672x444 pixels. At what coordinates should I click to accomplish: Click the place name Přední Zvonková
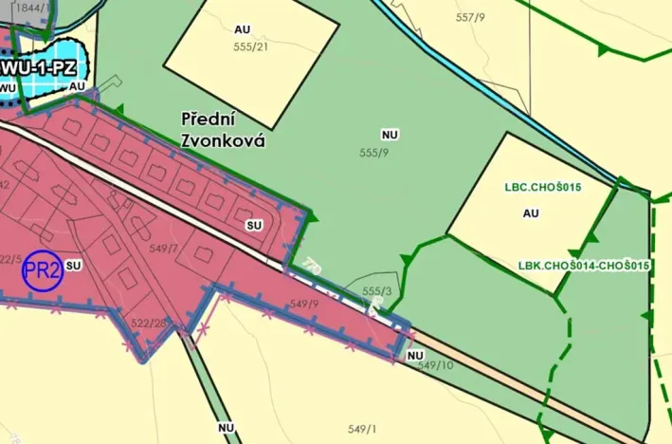pyautogui.click(x=223, y=129)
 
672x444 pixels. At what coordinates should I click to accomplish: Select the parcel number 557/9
pyautogui.click(x=470, y=17)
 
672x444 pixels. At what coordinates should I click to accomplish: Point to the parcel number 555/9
pyautogui.click(x=375, y=152)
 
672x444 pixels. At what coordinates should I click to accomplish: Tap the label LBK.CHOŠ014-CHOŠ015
pyautogui.click(x=584, y=265)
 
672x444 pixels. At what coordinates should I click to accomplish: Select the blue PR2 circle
pyautogui.click(x=43, y=270)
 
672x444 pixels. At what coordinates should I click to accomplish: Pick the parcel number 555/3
pyautogui.click(x=377, y=291)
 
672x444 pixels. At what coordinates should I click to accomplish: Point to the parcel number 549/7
pyautogui.click(x=164, y=249)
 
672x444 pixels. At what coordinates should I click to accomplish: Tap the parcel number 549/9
pyautogui.click(x=304, y=305)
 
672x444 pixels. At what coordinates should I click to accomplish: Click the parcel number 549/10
pyautogui.click(x=435, y=365)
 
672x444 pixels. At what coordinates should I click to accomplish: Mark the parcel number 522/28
pyautogui.click(x=150, y=324)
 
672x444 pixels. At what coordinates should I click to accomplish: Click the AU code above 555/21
pyautogui.click(x=243, y=28)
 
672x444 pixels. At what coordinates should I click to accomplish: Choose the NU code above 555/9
pyautogui.click(x=389, y=134)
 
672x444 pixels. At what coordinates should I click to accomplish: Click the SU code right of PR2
pyautogui.click(x=75, y=267)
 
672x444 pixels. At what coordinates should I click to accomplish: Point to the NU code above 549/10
pyautogui.click(x=414, y=355)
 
